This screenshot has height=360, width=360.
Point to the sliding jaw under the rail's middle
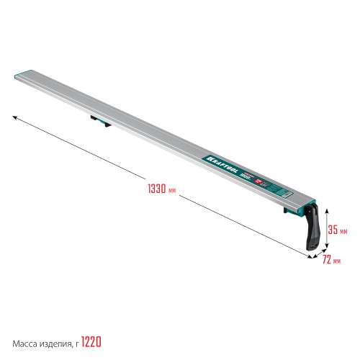(99, 120)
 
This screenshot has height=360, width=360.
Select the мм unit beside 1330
(171, 190)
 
